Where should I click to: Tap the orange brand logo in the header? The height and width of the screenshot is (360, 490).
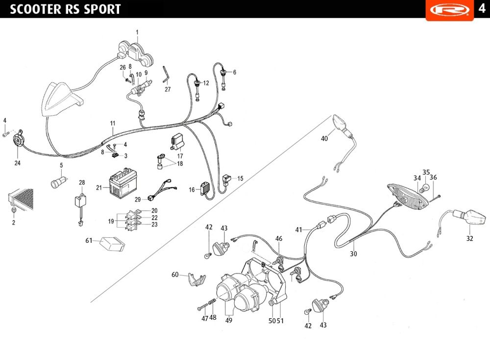coord(450,10)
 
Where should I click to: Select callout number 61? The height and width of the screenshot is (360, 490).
coord(89,240)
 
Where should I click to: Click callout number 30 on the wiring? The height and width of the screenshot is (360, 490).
coord(353,254)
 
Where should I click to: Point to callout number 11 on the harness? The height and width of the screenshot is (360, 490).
coord(113,124)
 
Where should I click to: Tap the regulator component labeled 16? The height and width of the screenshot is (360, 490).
coord(205,188)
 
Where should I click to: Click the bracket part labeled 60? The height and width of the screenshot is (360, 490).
coord(197,279)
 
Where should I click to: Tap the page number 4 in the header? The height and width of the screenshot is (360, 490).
coord(482,8)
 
